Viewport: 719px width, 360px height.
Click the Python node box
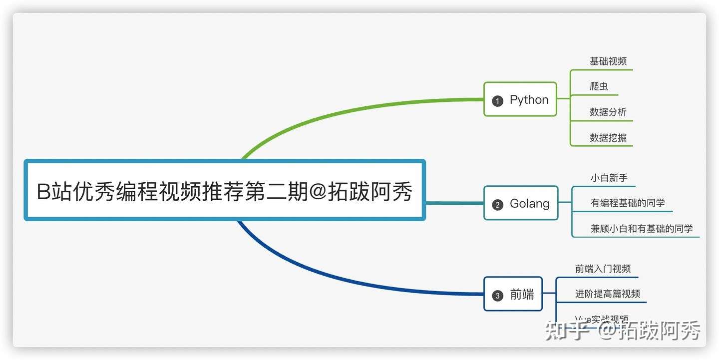click(x=520, y=99)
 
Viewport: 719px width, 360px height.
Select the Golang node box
click(x=521, y=203)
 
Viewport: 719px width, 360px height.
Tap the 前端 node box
click(x=513, y=294)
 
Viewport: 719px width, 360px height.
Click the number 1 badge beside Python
click(x=497, y=101)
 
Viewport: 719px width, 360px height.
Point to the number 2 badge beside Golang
click(x=497, y=205)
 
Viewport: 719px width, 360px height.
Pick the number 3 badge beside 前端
click(x=497, y=296)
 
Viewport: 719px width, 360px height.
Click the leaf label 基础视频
click(x=608, y=61)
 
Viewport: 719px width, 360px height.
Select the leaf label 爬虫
click(x=599, y=86)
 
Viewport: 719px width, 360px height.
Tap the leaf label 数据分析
click(x=608, y=112)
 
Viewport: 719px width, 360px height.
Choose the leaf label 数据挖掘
click(x=608, y=138)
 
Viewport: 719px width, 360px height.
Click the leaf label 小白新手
click(x=609, y=177)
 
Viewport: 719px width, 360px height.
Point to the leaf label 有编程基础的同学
click(x=628, y=203)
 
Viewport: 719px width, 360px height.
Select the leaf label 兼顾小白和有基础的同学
click(x=642, y=229)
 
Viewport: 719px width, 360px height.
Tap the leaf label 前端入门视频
click(x=603, y=269)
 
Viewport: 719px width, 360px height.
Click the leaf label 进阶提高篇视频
click(x=607, y=294)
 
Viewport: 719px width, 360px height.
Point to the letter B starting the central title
click(x=44, y=192)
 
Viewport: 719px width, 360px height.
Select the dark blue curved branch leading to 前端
click(x=350, y=283)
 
